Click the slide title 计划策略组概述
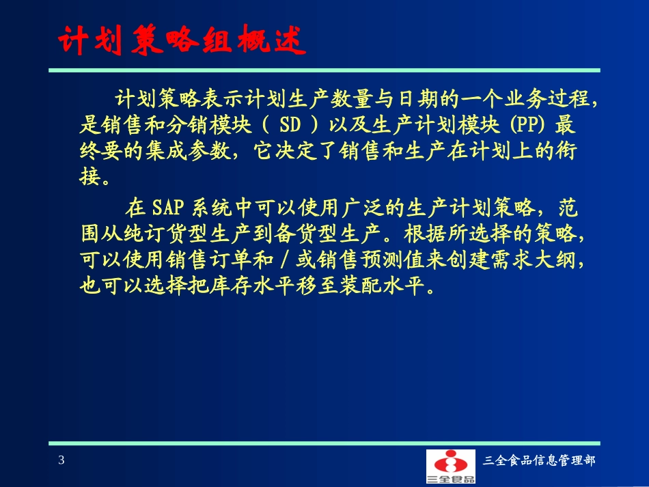179,42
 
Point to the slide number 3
61,460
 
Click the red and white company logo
450,466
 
